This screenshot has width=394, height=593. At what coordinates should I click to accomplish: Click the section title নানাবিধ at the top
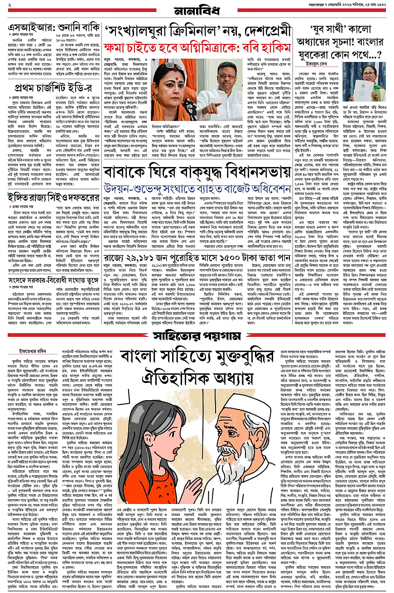coord(196,10)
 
